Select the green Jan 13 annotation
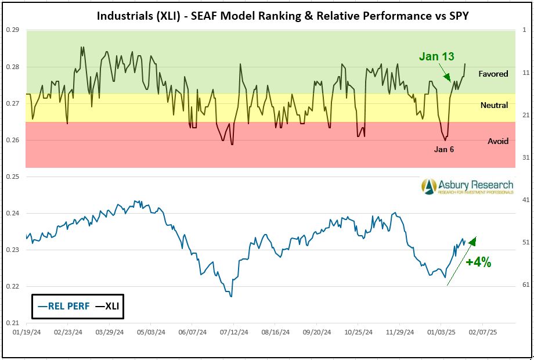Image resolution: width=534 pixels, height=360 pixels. [438, 56]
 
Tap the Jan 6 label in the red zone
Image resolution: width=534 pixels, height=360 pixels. [444, 149]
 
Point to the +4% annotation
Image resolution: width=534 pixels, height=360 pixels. [478, 262]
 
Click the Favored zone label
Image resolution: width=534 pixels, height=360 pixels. [493, 74]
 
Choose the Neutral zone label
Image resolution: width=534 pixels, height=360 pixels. [494, 105]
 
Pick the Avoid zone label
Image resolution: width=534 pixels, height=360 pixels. [498, 141]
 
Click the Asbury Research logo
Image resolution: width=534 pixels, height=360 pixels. [468, 186]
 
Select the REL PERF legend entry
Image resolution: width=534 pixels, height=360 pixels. [63, 306]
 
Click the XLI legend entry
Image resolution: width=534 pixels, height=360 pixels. [107, 306]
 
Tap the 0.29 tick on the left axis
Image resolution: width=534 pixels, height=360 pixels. [13, 30]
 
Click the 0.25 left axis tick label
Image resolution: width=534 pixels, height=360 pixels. [13, 177]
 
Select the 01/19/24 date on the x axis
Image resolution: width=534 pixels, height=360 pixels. [27, 333]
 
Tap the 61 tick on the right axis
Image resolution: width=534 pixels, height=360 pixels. [525, 285]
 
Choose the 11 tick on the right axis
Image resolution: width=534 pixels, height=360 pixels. [525, 73]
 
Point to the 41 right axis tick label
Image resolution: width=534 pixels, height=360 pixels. [525, 200]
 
